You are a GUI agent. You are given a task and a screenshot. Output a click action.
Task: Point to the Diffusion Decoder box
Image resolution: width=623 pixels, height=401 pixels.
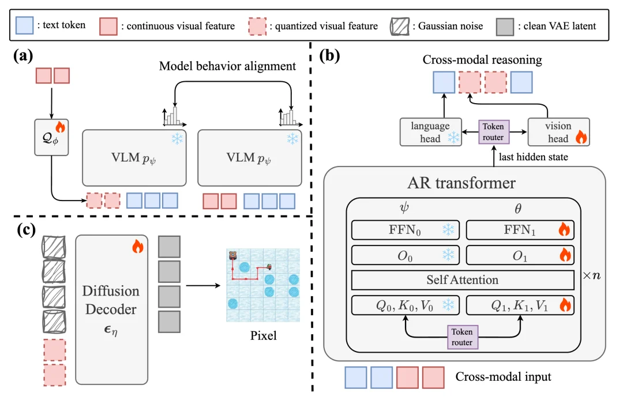click(111, 309)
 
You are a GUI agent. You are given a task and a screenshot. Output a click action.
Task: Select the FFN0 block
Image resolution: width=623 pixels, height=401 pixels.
click(405, 230)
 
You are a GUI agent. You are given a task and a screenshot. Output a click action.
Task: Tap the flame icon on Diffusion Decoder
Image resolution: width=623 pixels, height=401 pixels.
click(137, 247)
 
